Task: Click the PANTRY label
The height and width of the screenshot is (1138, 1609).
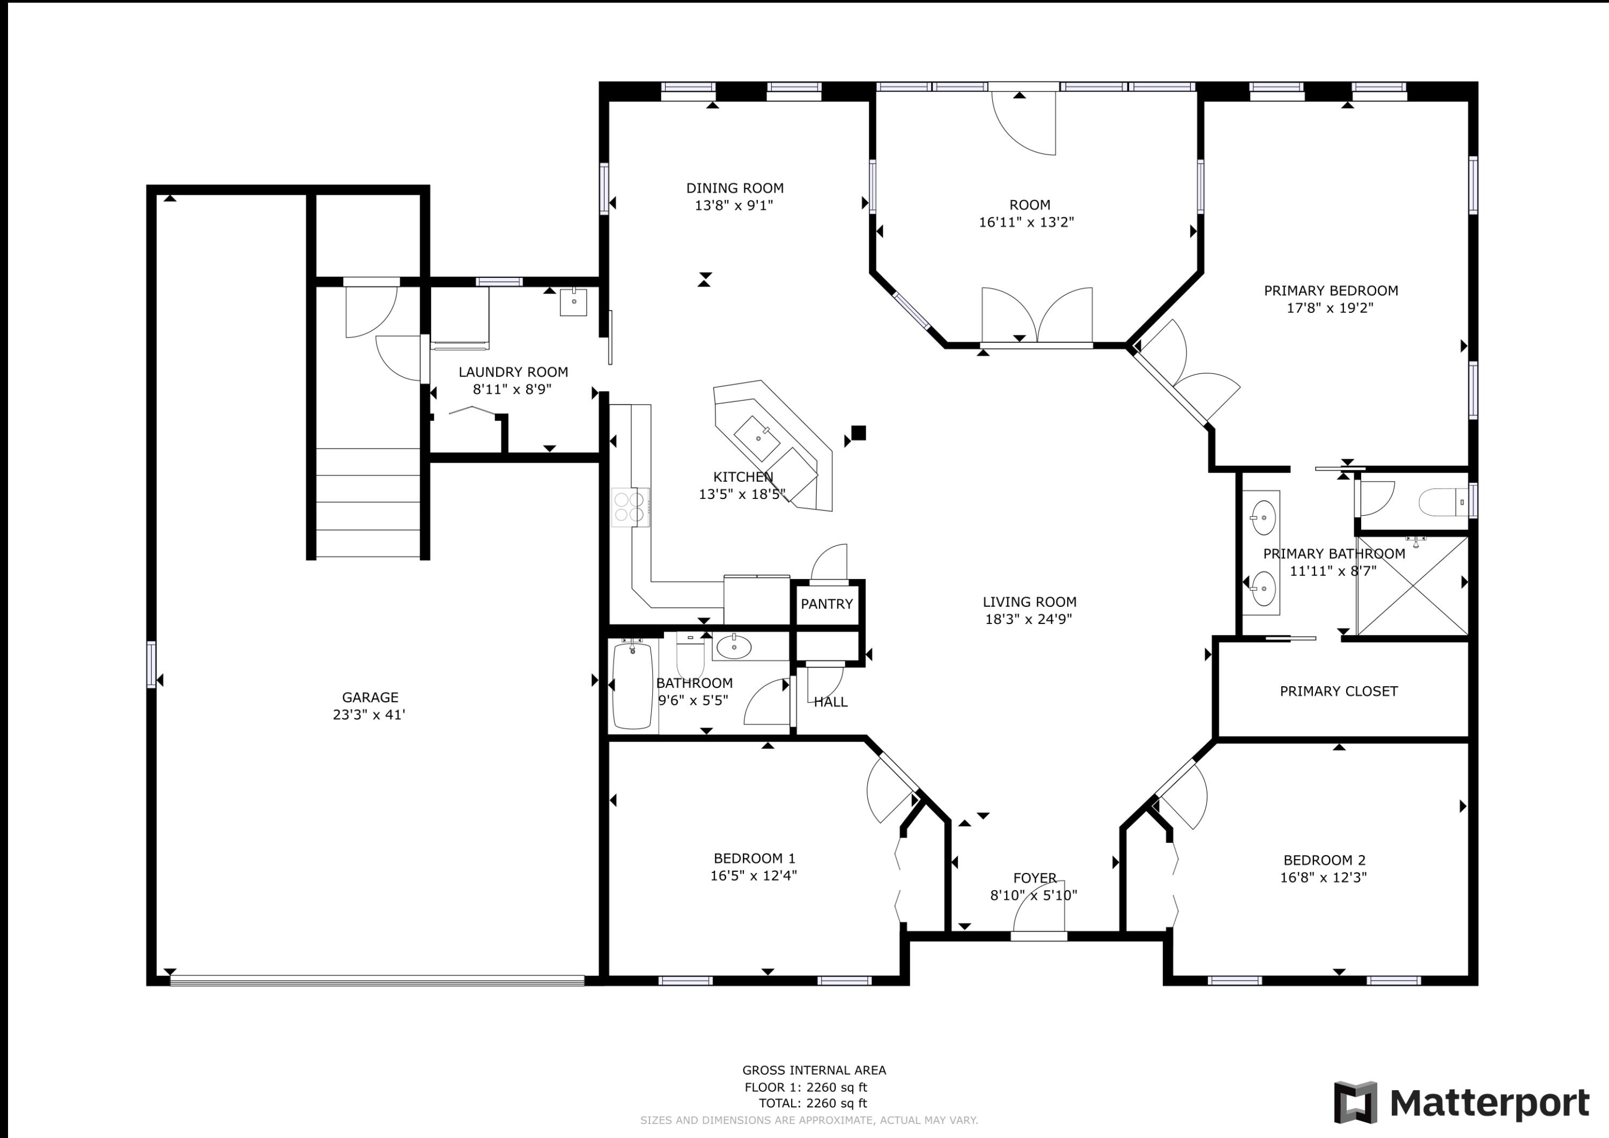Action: click(826, 604)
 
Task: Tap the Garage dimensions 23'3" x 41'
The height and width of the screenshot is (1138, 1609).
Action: click(370, 715)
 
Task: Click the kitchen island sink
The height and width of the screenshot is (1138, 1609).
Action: click(757, 437)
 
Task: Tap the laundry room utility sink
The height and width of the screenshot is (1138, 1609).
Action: click(573, 302)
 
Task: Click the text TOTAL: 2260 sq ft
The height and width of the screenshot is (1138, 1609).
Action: click(813, 1103)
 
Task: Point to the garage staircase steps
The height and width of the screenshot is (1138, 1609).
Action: click(368, 503)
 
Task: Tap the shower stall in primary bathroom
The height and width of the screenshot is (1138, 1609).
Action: click(1412, 586)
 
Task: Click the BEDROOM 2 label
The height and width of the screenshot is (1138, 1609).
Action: click(1324, 860)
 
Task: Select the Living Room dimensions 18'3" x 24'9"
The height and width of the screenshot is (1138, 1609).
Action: click(1028, 619)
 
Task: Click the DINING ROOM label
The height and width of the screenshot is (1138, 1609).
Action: click(734, 188)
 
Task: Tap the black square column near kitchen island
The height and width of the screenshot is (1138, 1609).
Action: click(859, 432)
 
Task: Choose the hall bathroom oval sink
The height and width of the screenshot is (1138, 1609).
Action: click(734, 646)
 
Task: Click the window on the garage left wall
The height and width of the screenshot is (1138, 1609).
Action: click(151, 664)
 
